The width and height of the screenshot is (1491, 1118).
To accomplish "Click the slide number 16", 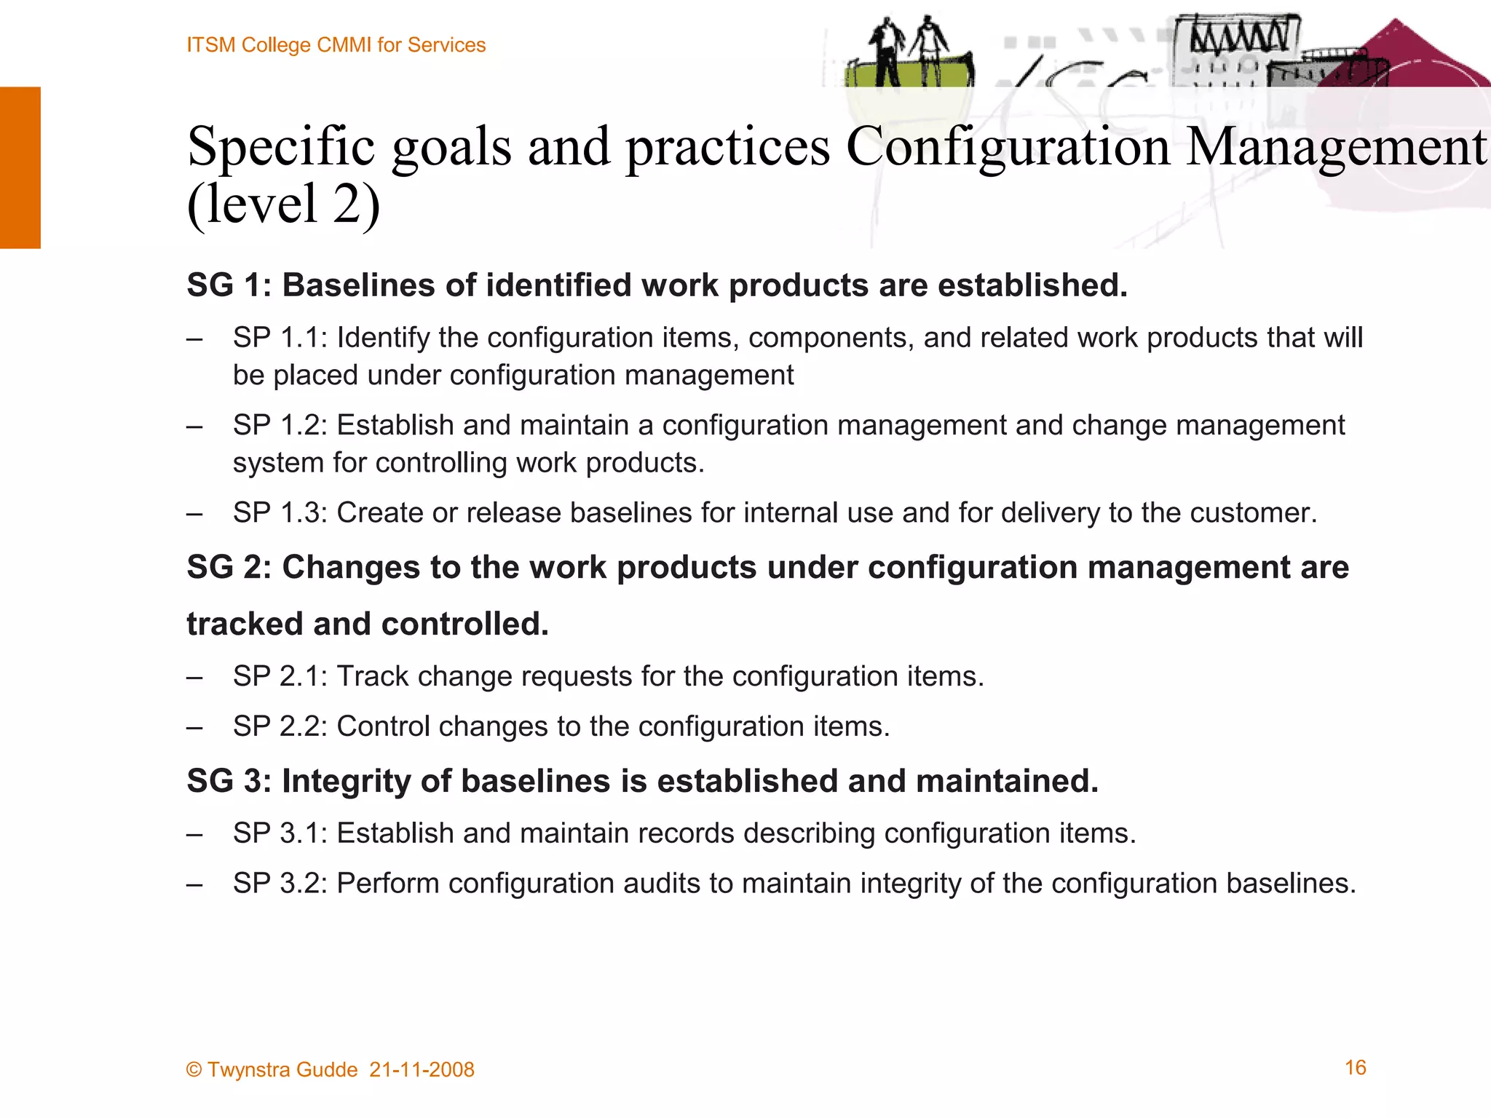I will (1355, 1068).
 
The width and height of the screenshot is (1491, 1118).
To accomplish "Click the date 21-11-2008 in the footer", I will (422, 1070).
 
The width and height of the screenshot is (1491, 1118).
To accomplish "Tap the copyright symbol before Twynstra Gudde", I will (194, 1070).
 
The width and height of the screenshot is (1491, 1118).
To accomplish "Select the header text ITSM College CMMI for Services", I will (336, 45).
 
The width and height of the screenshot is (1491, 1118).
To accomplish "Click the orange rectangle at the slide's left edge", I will (20, 167).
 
